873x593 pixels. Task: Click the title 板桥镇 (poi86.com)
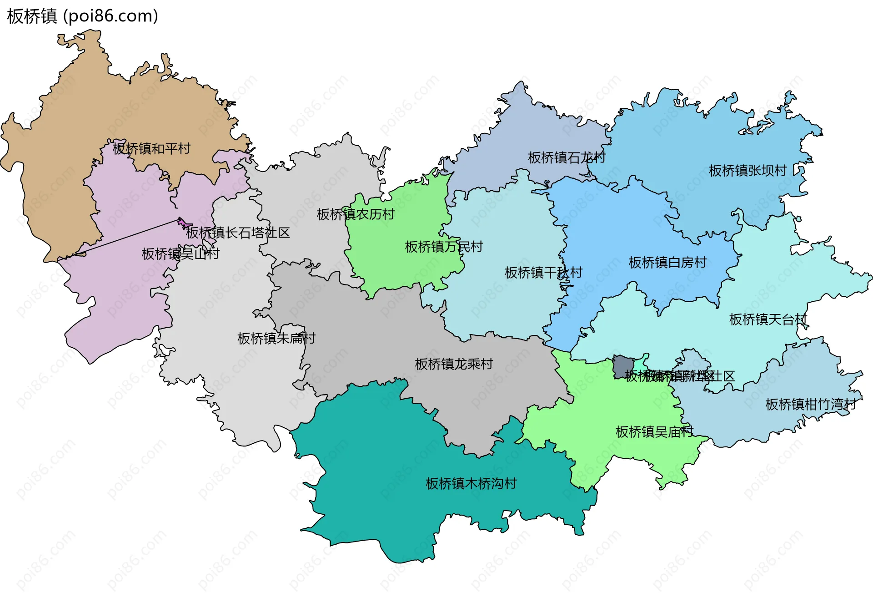[x=82, y=16]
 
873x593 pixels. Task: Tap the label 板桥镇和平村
[x=151, y=148]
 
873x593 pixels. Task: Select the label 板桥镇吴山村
[x=180, y=253]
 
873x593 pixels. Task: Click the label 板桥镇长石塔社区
[x=237, y=233]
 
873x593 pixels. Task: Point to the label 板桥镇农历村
[x=356, y=214]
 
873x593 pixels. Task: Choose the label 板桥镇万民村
[x=443, y=247]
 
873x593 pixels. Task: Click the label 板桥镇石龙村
[x=567, y=157]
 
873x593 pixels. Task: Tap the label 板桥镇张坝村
[x=748, y=171]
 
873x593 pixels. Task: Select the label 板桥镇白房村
[x=667, y=262]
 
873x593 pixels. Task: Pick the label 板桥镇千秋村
[x=543, y=273]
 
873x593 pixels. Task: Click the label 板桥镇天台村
[x=768, y=319]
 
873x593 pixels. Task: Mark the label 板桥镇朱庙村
[x=276, y=338]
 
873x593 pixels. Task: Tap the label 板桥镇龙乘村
[x=454, y=364]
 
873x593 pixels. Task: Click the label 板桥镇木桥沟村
[x=471, y=483]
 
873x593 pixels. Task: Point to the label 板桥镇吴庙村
[x=654, y=431]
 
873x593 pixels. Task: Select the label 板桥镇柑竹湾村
[x=810, y=404]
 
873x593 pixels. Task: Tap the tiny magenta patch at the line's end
[x=185, y=223]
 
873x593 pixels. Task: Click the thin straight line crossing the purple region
[x=127, y=237]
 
